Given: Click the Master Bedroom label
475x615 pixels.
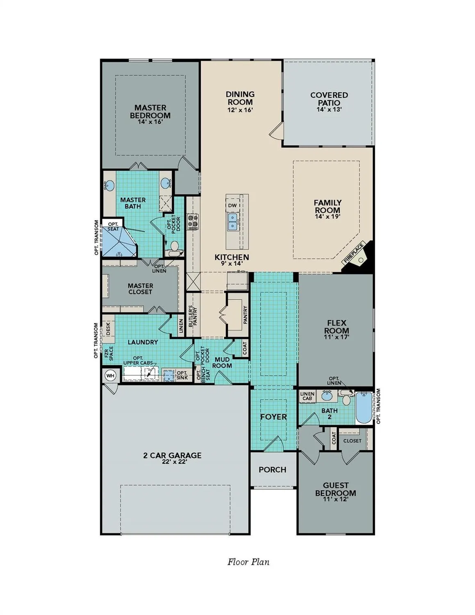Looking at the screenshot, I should (150, 112).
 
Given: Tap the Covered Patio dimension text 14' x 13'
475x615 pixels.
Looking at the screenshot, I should (329, 109).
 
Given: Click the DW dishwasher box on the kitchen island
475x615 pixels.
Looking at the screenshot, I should (232, 205).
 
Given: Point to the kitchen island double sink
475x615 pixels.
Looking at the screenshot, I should (232, 222).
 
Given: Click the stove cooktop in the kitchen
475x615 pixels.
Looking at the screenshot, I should (193, 222).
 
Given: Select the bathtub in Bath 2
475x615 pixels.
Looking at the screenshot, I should (364, 408).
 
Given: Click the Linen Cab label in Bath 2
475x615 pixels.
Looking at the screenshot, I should (307, 396).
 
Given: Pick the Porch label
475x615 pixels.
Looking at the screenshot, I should (273, 470).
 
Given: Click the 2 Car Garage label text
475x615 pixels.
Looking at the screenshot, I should (172, 455).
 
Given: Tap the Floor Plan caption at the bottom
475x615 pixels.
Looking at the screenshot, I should (248, 562).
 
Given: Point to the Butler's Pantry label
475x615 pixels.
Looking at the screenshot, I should (193, 315).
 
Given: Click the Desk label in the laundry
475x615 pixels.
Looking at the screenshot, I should (109, 329).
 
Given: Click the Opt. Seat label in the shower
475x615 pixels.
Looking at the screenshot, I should (113, 226).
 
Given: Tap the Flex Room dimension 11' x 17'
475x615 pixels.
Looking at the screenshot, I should (336, 337).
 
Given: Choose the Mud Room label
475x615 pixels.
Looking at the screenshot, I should (222, 362).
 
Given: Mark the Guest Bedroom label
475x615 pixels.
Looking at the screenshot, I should (335, 489).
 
